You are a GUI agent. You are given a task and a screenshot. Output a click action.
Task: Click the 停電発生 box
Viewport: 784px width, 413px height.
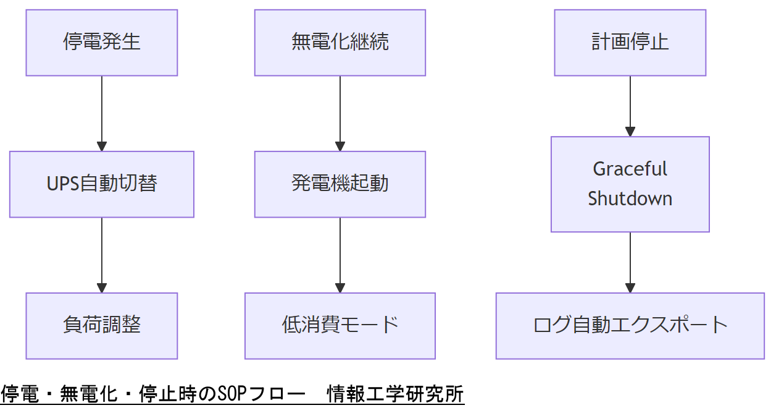tap(102, 43)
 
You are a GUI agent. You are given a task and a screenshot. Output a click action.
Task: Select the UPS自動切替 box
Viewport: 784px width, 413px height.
tap(102, 184)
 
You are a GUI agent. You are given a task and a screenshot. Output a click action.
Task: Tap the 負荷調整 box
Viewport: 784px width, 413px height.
tap(102, 325)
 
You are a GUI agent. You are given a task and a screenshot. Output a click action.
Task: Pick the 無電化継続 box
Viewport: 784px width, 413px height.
tap(340, 43)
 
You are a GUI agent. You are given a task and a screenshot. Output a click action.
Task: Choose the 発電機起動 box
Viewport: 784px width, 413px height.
tap(340, 184)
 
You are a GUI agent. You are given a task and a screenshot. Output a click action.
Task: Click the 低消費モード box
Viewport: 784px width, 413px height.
tap(340, 325)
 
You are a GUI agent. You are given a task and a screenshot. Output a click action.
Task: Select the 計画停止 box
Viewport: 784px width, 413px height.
tap(630, 43)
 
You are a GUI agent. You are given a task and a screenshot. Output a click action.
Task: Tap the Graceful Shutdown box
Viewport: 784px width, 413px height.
tap(630, 184)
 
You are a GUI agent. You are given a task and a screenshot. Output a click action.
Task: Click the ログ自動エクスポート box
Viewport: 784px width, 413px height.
tap(630, 325)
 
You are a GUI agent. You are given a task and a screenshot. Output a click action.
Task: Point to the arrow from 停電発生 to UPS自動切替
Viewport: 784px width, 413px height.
tap(102, 114)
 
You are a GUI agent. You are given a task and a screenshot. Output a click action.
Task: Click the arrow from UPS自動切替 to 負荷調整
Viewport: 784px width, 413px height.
tap(102, 255)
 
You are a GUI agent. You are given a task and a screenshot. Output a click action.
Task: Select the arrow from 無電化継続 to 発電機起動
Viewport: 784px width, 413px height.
tap(340, 114)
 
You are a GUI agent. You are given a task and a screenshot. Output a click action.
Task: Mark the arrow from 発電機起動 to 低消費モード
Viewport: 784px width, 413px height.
tap(340, 255)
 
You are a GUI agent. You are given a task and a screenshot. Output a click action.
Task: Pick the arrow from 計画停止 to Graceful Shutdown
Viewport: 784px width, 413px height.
tap(630, 106)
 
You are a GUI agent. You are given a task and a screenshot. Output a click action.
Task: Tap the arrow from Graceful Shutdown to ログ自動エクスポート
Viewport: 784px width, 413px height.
tap(630, 262)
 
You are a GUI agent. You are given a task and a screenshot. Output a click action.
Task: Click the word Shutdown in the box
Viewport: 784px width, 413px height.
tap(630, 198)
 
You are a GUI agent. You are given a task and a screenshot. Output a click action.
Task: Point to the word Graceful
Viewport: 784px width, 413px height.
tap(630, 169)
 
